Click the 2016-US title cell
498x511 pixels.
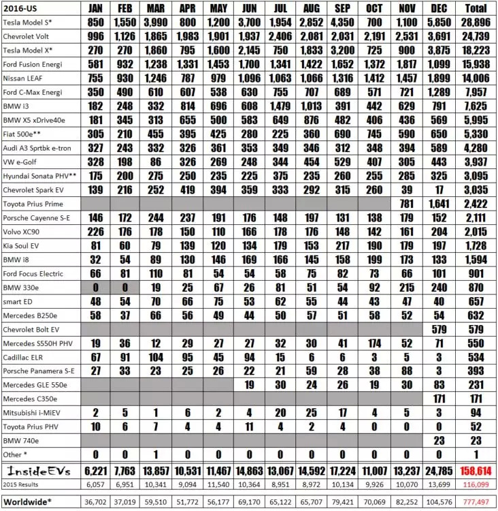(x=20, y=8)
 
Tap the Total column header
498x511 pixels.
(x=476, y=8)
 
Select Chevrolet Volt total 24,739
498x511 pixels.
(x=476, y=36)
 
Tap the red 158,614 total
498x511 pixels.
(x=476, y=470)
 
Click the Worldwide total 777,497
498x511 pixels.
(x=476, y=502)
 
